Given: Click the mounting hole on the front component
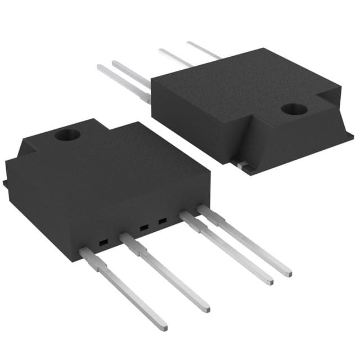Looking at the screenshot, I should [67, 134].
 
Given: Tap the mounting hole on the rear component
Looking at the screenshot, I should [294, 109].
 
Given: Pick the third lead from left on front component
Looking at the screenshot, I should [225, 247].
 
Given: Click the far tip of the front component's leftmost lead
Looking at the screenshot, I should [163, 326].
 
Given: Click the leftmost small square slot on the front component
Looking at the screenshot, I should [103, 243].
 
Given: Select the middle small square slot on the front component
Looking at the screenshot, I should [143, 228].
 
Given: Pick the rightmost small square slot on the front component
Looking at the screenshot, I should [163, 221].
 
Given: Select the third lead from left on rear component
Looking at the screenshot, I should [174, 57].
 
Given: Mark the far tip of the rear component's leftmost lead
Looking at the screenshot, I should [100, 67].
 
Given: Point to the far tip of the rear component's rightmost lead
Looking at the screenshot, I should [189, 43].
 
